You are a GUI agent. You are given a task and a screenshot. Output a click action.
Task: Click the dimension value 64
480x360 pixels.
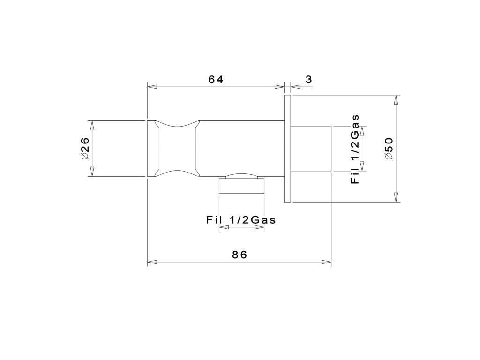216,79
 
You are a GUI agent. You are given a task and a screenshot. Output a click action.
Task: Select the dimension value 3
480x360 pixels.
308,79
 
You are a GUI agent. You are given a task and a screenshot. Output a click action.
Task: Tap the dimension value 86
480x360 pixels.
240,255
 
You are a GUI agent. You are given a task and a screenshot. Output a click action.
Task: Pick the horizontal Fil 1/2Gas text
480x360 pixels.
241,220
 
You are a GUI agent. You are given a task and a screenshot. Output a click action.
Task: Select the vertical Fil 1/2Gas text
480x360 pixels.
355,149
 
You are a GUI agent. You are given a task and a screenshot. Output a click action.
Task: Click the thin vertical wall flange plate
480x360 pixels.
287,149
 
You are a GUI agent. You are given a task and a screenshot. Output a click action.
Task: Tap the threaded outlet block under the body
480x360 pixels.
241,186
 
